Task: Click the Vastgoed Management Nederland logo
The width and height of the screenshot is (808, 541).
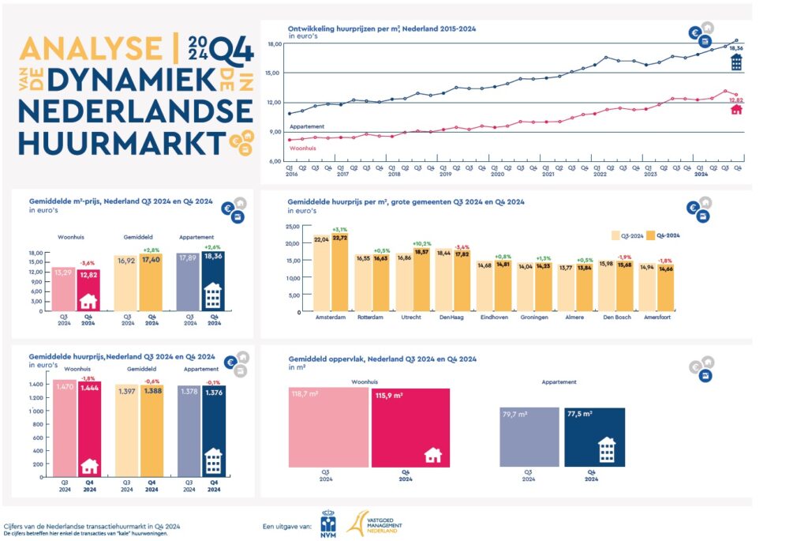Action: pos(376,522)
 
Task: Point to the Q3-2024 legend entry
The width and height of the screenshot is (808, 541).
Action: pos(627,235)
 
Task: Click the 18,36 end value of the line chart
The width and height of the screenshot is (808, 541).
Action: pos(735,49)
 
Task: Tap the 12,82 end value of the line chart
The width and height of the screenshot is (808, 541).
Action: pos(735,100)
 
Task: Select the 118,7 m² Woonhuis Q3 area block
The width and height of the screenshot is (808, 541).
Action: pos(327,426)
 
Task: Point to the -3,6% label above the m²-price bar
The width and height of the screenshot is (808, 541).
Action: pos(89,263)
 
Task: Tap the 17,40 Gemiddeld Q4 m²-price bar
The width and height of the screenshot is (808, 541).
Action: pos(151,283)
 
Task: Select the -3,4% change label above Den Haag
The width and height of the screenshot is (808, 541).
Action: pos(463,247)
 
